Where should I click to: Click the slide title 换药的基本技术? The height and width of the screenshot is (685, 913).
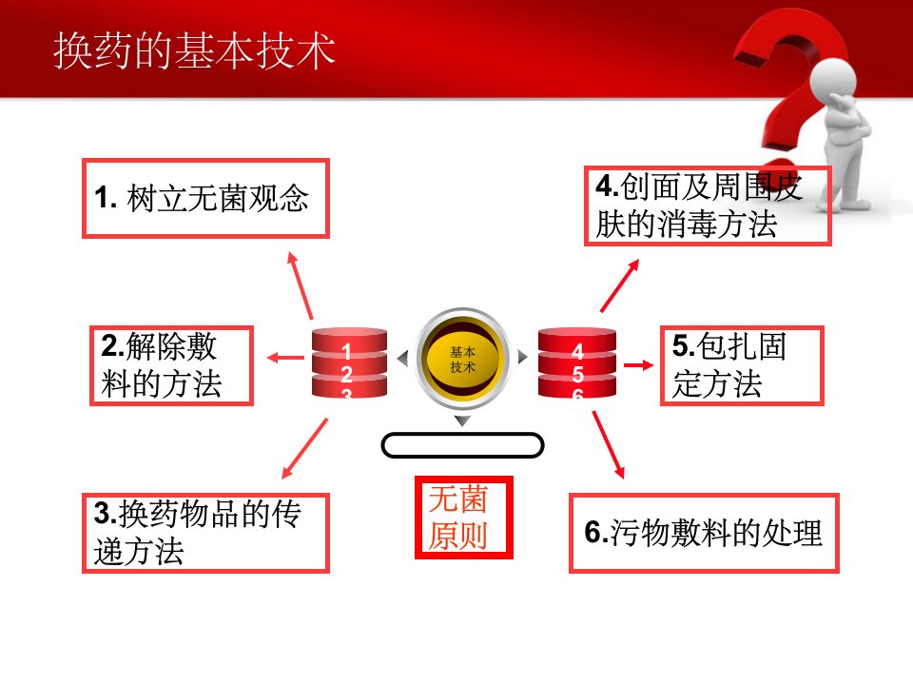click(194, 50)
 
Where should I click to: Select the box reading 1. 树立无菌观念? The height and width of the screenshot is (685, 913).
click(206, 198)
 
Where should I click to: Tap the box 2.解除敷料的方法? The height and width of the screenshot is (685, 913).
click(172, 365)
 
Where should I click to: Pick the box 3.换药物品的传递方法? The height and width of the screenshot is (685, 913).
click(206, 533)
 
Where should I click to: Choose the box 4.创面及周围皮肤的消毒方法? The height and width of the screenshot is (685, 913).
click(708, 206)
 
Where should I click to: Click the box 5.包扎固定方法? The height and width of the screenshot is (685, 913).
click(743, 365)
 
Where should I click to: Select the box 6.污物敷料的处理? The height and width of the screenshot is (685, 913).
click(704, 533)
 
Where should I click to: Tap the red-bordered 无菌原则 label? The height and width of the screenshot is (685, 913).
click(463, 518)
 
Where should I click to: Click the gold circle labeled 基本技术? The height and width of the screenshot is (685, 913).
click(463, 359)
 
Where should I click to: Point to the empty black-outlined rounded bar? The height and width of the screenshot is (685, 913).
click(462, 445)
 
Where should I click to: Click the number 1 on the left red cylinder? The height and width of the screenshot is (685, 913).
click(346, 351)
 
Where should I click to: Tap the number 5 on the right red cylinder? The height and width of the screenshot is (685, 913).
click(577, 373)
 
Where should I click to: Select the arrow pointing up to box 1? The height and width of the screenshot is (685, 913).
click(301, 285)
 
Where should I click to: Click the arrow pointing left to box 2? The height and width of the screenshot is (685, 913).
click(285, 358)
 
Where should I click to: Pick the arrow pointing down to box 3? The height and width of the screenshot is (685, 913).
click(304, 448)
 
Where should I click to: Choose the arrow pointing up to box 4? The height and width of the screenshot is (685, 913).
click(619, 285)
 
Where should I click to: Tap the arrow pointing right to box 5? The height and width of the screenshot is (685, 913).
click(639, 365)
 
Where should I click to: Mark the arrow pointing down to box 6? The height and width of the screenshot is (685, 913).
click(609, 445)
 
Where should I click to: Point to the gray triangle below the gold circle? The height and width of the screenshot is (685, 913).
click(462, 421)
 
